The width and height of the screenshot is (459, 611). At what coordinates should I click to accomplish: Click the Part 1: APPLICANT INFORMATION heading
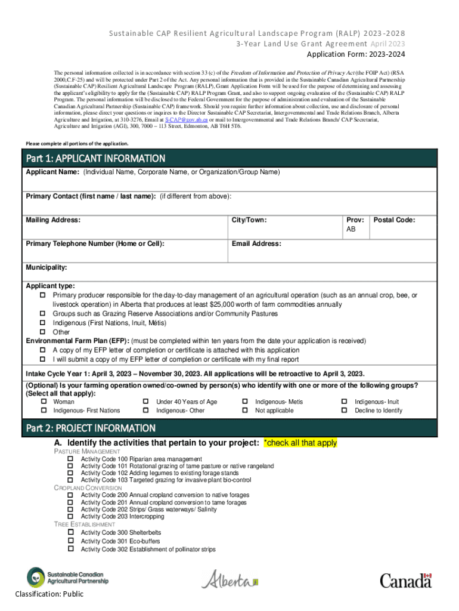tap(95, 158)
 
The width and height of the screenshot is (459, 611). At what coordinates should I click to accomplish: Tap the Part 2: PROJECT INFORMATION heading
tap(91, 428)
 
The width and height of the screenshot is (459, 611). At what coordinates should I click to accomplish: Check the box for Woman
tap(43, 402)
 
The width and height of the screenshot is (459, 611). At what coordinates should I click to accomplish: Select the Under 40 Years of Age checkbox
tap(146, 402)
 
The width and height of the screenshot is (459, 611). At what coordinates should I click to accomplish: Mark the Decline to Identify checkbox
tap(344, 411)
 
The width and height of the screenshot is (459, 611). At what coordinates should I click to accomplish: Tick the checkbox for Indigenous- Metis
tap(245, 402)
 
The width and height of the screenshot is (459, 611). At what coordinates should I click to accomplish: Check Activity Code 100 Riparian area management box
tap(70, 458)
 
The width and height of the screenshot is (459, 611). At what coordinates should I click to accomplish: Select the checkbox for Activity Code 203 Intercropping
tap(70, 517)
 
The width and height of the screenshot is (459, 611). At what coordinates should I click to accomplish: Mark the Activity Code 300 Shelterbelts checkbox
tap(70, 532)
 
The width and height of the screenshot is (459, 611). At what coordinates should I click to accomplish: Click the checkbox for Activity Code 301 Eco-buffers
tap(70, 541)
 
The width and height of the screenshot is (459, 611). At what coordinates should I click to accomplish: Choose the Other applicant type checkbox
tap(43, 332)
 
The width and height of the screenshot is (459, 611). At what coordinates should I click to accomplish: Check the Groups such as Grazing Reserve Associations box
tap(43, 314)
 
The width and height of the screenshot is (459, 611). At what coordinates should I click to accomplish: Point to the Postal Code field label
tap(394, 220)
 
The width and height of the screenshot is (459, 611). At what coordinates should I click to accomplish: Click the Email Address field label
tap(256, 243)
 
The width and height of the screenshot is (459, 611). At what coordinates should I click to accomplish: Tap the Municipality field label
tap(46, 267)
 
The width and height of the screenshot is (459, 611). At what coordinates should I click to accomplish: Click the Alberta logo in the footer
tap(230, 579)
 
